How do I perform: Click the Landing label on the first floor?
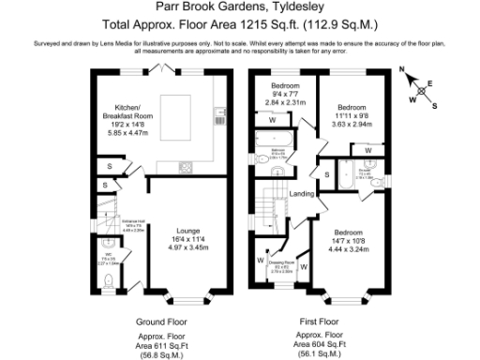(x=302, y=193)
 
